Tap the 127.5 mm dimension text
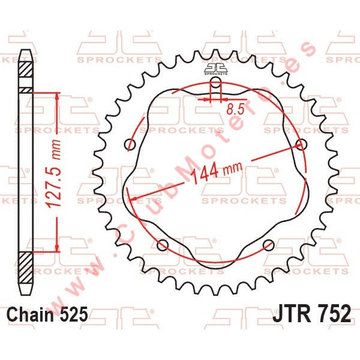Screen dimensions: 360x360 click(x=54, y=173)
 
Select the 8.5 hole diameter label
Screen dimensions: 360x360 click(x=235, y=110)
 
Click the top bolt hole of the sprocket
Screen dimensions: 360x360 click(x=215, y=82)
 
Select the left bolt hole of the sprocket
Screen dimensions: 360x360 click(x=130, y=145)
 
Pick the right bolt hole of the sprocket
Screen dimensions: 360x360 click(x=301, y=145)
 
